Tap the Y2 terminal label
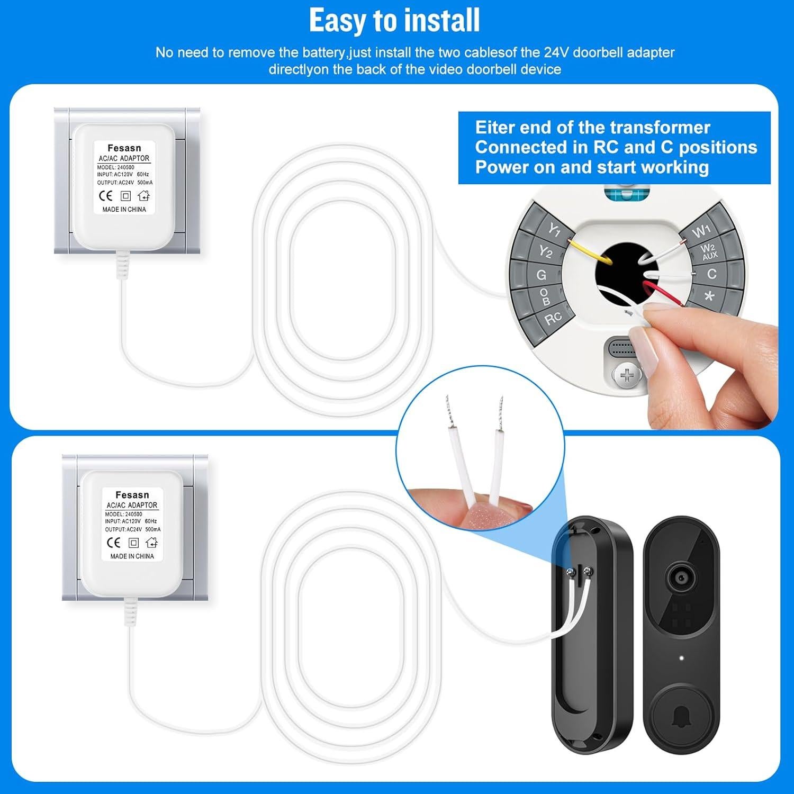[x=545, y=251]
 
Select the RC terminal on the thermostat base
[x=553, y=318]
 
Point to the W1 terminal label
[x=701, y=231]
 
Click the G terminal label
[x=541, y=275]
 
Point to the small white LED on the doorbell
[x=681, y=658]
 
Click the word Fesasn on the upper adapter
[x=124, y=148]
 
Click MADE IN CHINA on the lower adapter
[x=132, y=556]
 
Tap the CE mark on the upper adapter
[x=106, y=196]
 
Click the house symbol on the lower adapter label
[x=151, y=543]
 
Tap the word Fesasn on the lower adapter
[x=132, y=495]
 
